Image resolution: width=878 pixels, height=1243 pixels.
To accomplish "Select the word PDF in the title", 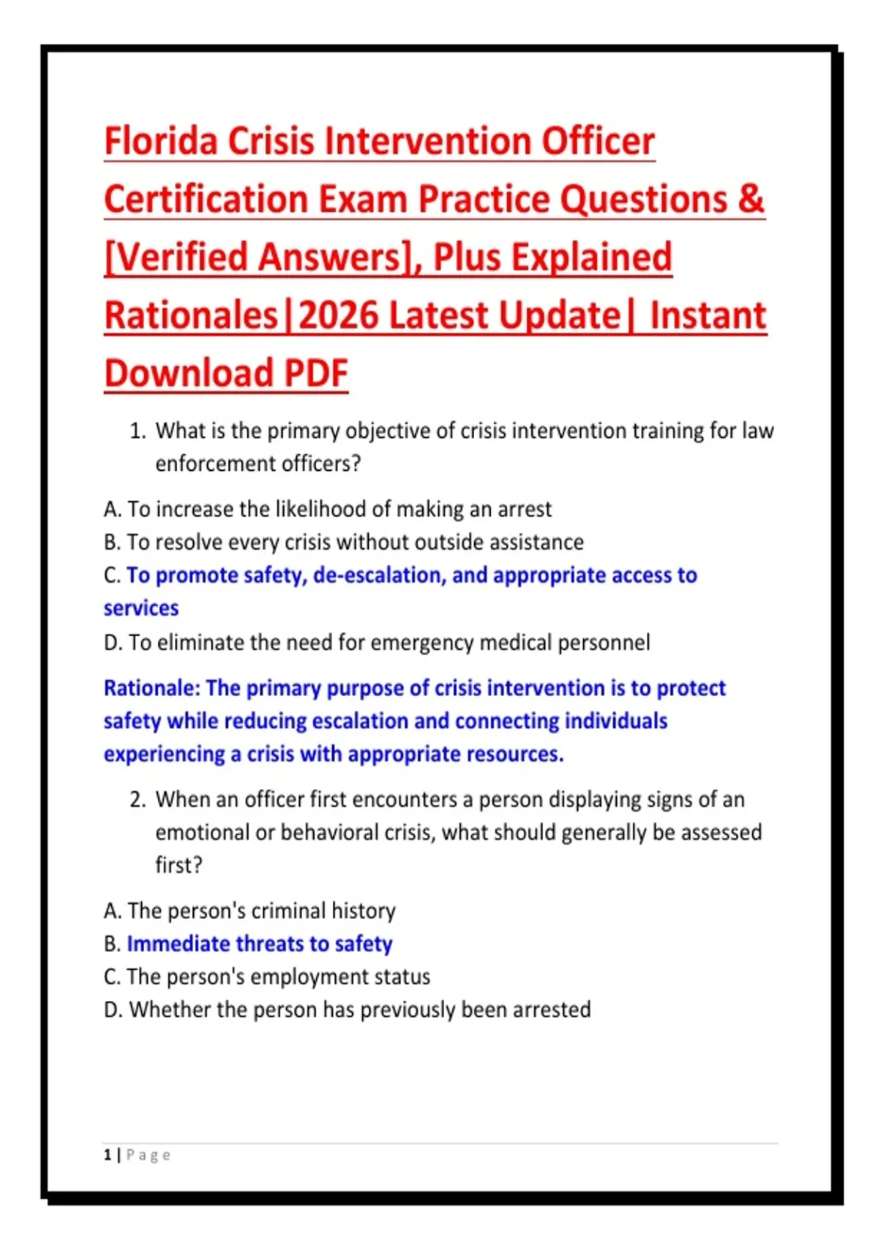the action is (316, 373).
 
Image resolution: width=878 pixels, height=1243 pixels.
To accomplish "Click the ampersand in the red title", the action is (751, 199).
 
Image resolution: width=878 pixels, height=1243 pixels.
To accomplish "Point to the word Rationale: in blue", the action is (151, 688).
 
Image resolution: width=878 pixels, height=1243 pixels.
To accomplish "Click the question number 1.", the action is (137, 431).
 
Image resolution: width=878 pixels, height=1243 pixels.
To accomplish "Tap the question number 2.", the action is (137, 800).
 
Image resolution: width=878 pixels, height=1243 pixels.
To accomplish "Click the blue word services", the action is (141, 608).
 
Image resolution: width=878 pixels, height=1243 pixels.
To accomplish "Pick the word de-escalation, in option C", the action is (380, 575).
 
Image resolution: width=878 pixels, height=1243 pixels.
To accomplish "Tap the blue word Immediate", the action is (178, 944).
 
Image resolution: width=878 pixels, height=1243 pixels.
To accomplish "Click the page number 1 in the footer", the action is (107, 1155).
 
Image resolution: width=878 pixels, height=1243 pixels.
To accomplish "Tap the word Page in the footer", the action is (149, 1156).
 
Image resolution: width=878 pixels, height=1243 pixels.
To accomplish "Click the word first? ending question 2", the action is (179, 865).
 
